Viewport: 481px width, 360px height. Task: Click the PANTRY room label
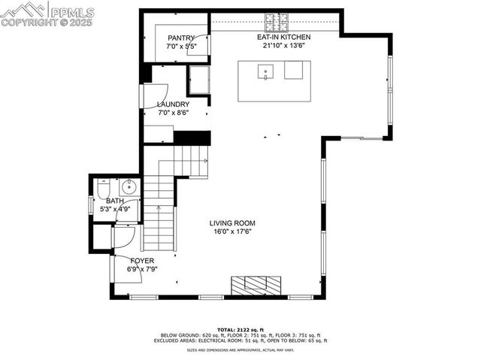pyautogui.click(x=181, y=38)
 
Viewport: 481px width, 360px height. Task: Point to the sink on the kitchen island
pyautogui.click(x=265, y=72)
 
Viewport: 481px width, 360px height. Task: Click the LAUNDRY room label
pyautogui.click(x=173, y=104)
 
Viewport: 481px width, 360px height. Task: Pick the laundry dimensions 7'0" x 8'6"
pyautogui.click(x=173, y=113)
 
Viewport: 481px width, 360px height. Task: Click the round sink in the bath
pyautogui.click(x=128, y=187)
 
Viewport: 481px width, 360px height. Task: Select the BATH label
pyautogui.click(x=114, y=201)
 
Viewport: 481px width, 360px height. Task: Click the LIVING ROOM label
pyautogui.click(x=232, y=223)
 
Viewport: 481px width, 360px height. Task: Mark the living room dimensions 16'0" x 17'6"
pyautogui.click(x=232, y=231)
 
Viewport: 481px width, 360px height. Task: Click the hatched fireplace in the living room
pyautogui.click(x=256, y=285)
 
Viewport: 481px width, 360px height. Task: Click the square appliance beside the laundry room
pyautogui.click(x=199, y=77)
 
